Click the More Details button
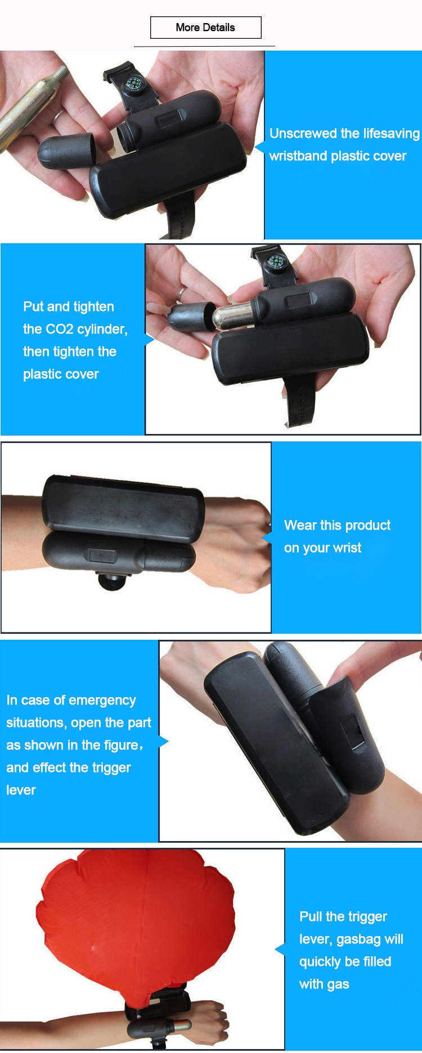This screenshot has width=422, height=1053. coord(206,28)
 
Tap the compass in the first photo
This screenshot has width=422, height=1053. coord(134,84)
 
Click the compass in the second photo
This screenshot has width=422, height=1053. coord(276,261)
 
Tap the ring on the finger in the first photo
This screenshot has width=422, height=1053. coord(59,116)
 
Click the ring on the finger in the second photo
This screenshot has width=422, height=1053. coord(182,293)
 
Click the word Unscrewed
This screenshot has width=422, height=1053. coord(303,134)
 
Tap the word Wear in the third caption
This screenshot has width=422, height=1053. coord(300,525)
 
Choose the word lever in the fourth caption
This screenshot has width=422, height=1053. coord(21,790)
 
